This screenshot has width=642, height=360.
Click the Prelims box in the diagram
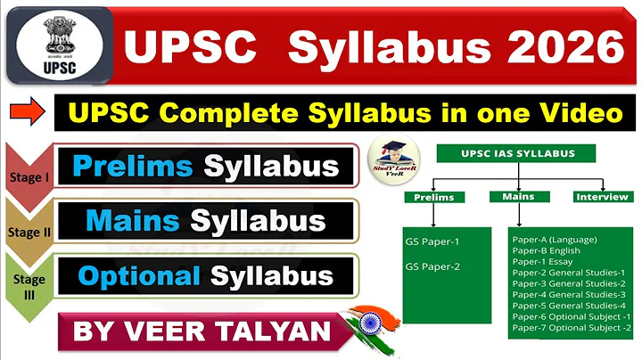click(434, 197)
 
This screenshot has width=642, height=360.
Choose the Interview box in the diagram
click(602, 196)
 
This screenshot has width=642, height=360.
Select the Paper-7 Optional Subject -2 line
click(572, 328)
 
